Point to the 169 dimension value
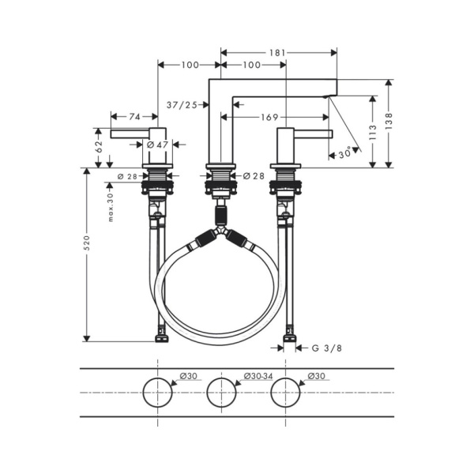[x=270, y=118]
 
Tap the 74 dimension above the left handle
[x=135, y=116]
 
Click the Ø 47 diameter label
[x=157, y=145]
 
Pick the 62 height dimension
[x=99, y=148]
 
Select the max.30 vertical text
[x=111, y=206]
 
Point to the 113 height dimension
[x=371, y=131]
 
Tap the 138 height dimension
[x=389, y=122]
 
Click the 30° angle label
[x=344, y=154]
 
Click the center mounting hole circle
[x=222, y=393]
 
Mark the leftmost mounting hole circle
[x=158, y=393]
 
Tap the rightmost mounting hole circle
[x=286, y=393]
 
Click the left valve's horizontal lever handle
[x=130, y=134]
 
